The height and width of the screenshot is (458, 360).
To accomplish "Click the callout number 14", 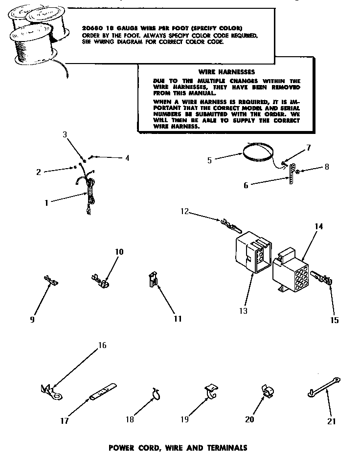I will pos(319,226).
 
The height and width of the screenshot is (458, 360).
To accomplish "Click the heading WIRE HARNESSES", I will pos(219,71).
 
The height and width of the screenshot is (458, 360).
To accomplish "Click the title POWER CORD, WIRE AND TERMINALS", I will pos(178,447).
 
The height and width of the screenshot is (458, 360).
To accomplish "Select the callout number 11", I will pos(177,319).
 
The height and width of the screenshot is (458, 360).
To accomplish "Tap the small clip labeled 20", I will pos(268,392).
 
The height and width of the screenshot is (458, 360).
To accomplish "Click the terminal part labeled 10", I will pos(100,282).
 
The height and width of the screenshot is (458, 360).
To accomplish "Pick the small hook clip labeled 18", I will pos(156,393).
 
